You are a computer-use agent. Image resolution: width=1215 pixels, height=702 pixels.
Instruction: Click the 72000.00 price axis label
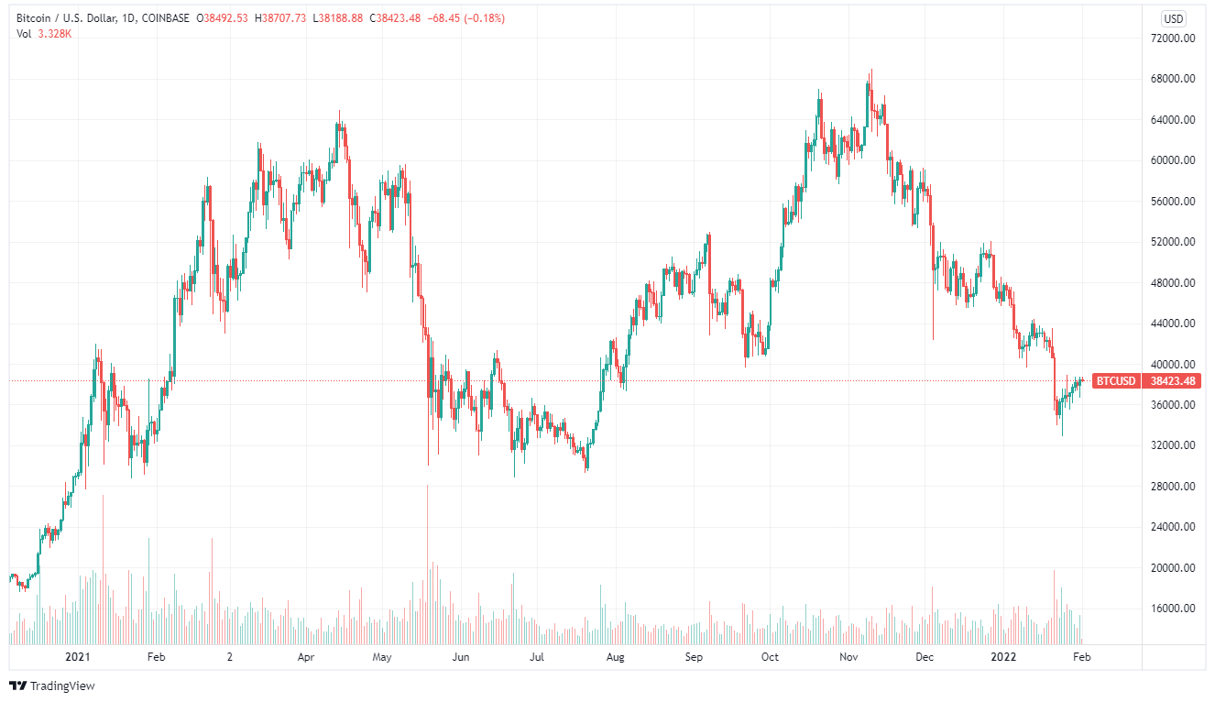[x=1176, y=38]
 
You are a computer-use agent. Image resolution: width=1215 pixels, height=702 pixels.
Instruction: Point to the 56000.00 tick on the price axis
[x=1176, y=202]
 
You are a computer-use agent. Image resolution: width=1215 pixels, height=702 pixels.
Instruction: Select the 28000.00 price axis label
[x=1176, y=487]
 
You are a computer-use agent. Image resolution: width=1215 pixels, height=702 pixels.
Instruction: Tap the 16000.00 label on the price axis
[x=1176, y=609]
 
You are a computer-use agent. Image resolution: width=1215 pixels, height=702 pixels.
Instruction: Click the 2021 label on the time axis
[x=79, y=657]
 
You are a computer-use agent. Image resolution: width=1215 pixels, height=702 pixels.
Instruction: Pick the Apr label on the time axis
[x=306, y=657]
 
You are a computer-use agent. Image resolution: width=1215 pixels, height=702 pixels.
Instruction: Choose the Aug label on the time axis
[x=615, y=657]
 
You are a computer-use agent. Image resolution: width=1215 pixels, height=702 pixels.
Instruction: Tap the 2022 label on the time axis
[x=1005, y=657]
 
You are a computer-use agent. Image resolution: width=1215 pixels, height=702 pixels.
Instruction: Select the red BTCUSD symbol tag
[x=1115, y=381]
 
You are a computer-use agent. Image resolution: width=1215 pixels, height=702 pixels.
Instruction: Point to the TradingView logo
[x=52, y=686]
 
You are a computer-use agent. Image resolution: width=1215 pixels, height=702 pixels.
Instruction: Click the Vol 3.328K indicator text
[x=45, y=35]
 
